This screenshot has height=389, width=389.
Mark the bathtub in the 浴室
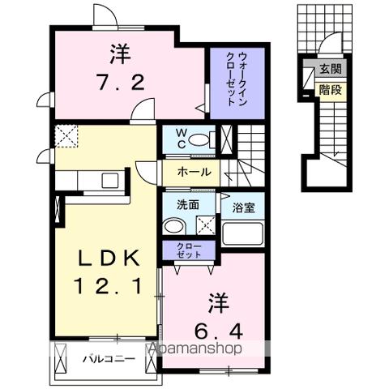[244, 233]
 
